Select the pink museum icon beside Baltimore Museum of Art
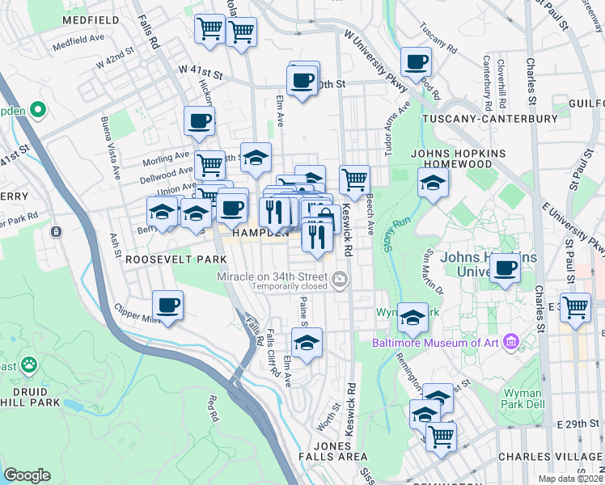pyautogui.click(x=510, y=343)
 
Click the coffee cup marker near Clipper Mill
pyautogui.click(x=168, y=306)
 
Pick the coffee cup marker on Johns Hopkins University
pyautogui.click(x=506, y=268)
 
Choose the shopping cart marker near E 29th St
pyautogui.click(x=441, y=436)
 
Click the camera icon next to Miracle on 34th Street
pyautogui.click(x=340, y=279)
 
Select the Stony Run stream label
pyautogui.click(x=396, y=235)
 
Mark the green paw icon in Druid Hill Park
pyautogui.click(x=29, y=365)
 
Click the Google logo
pyautogui.click(x=27, y=474)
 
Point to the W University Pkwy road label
pyautogui.click(x=373, y=53)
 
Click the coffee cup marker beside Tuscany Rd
pyautogui.click(x=417, y=61)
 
